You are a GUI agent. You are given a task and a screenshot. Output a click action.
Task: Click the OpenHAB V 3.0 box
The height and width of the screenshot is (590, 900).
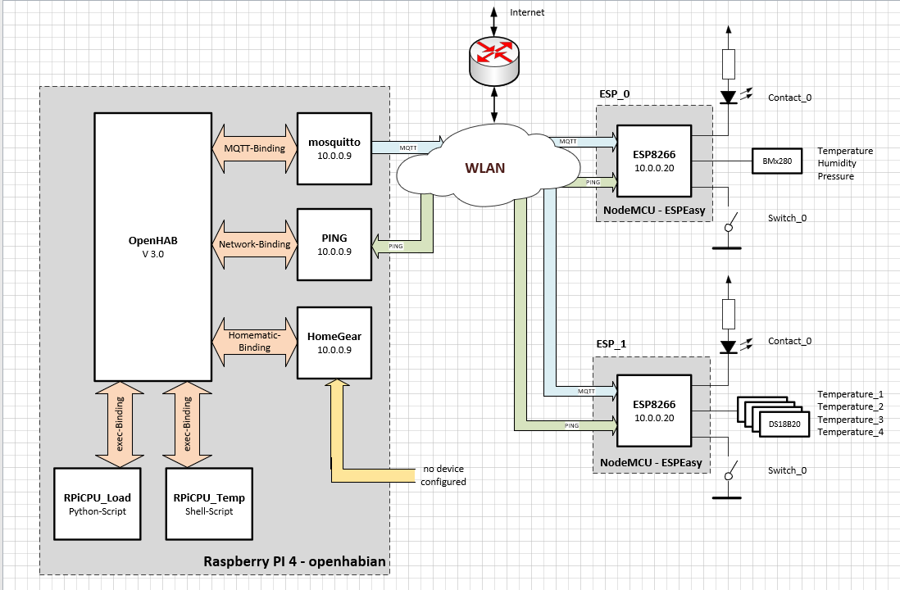coord(152,246)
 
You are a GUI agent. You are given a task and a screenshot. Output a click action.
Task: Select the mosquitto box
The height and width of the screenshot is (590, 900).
coord(334,148)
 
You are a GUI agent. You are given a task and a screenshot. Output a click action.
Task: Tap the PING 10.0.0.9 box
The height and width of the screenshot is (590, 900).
coord(334,245)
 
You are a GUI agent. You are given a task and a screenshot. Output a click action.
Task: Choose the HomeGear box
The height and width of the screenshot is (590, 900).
coord(334,343)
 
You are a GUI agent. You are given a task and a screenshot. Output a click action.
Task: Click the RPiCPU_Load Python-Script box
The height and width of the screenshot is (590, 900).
coord(98,504)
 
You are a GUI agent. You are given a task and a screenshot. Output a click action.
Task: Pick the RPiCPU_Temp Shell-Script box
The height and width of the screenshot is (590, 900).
coord(209,504)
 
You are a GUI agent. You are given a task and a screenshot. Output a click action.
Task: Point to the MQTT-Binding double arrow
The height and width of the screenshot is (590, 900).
coord(254,148)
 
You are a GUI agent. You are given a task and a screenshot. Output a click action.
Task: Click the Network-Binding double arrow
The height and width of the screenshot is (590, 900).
coord(254,244)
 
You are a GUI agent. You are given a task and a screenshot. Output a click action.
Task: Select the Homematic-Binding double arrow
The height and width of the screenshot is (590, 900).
coord(254,342)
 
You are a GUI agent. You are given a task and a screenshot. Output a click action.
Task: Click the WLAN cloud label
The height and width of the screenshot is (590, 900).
coord(485,169)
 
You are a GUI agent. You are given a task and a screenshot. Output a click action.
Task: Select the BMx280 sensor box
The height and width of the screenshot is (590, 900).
coord(775,161)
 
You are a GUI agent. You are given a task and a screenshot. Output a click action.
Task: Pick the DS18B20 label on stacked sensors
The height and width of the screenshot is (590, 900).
coord(784,424)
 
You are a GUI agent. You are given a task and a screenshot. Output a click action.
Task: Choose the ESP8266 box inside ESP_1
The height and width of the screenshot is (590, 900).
coord(653,410)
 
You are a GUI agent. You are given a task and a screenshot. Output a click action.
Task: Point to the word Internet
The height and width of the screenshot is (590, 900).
coord(527,12)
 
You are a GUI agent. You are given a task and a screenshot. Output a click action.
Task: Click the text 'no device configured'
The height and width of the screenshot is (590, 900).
coord(443,475)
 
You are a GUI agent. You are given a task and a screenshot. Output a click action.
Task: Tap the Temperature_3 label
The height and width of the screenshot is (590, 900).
coord(850,420)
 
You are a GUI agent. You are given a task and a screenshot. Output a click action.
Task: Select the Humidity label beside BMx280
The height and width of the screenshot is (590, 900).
coord(836,164)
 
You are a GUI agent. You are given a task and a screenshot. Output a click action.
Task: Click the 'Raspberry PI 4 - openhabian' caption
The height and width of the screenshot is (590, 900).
coord(294,562)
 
